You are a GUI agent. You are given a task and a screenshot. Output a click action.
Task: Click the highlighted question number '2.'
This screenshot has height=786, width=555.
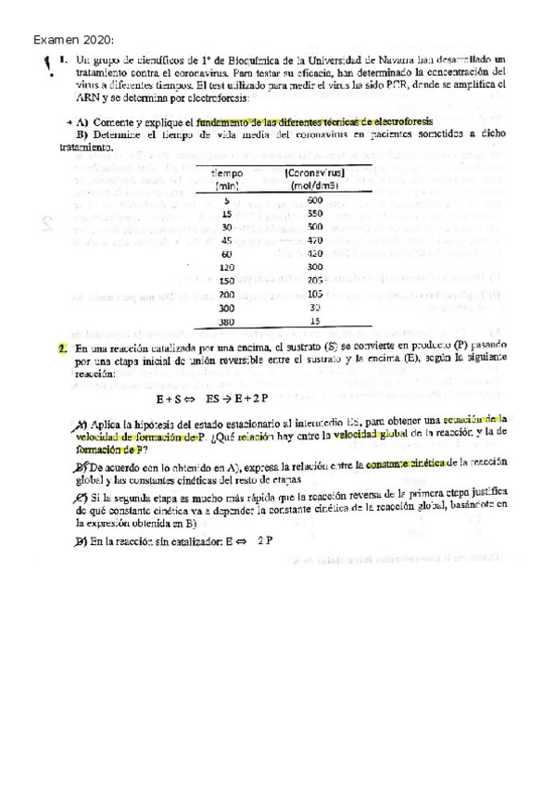[x=60, y=349]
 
